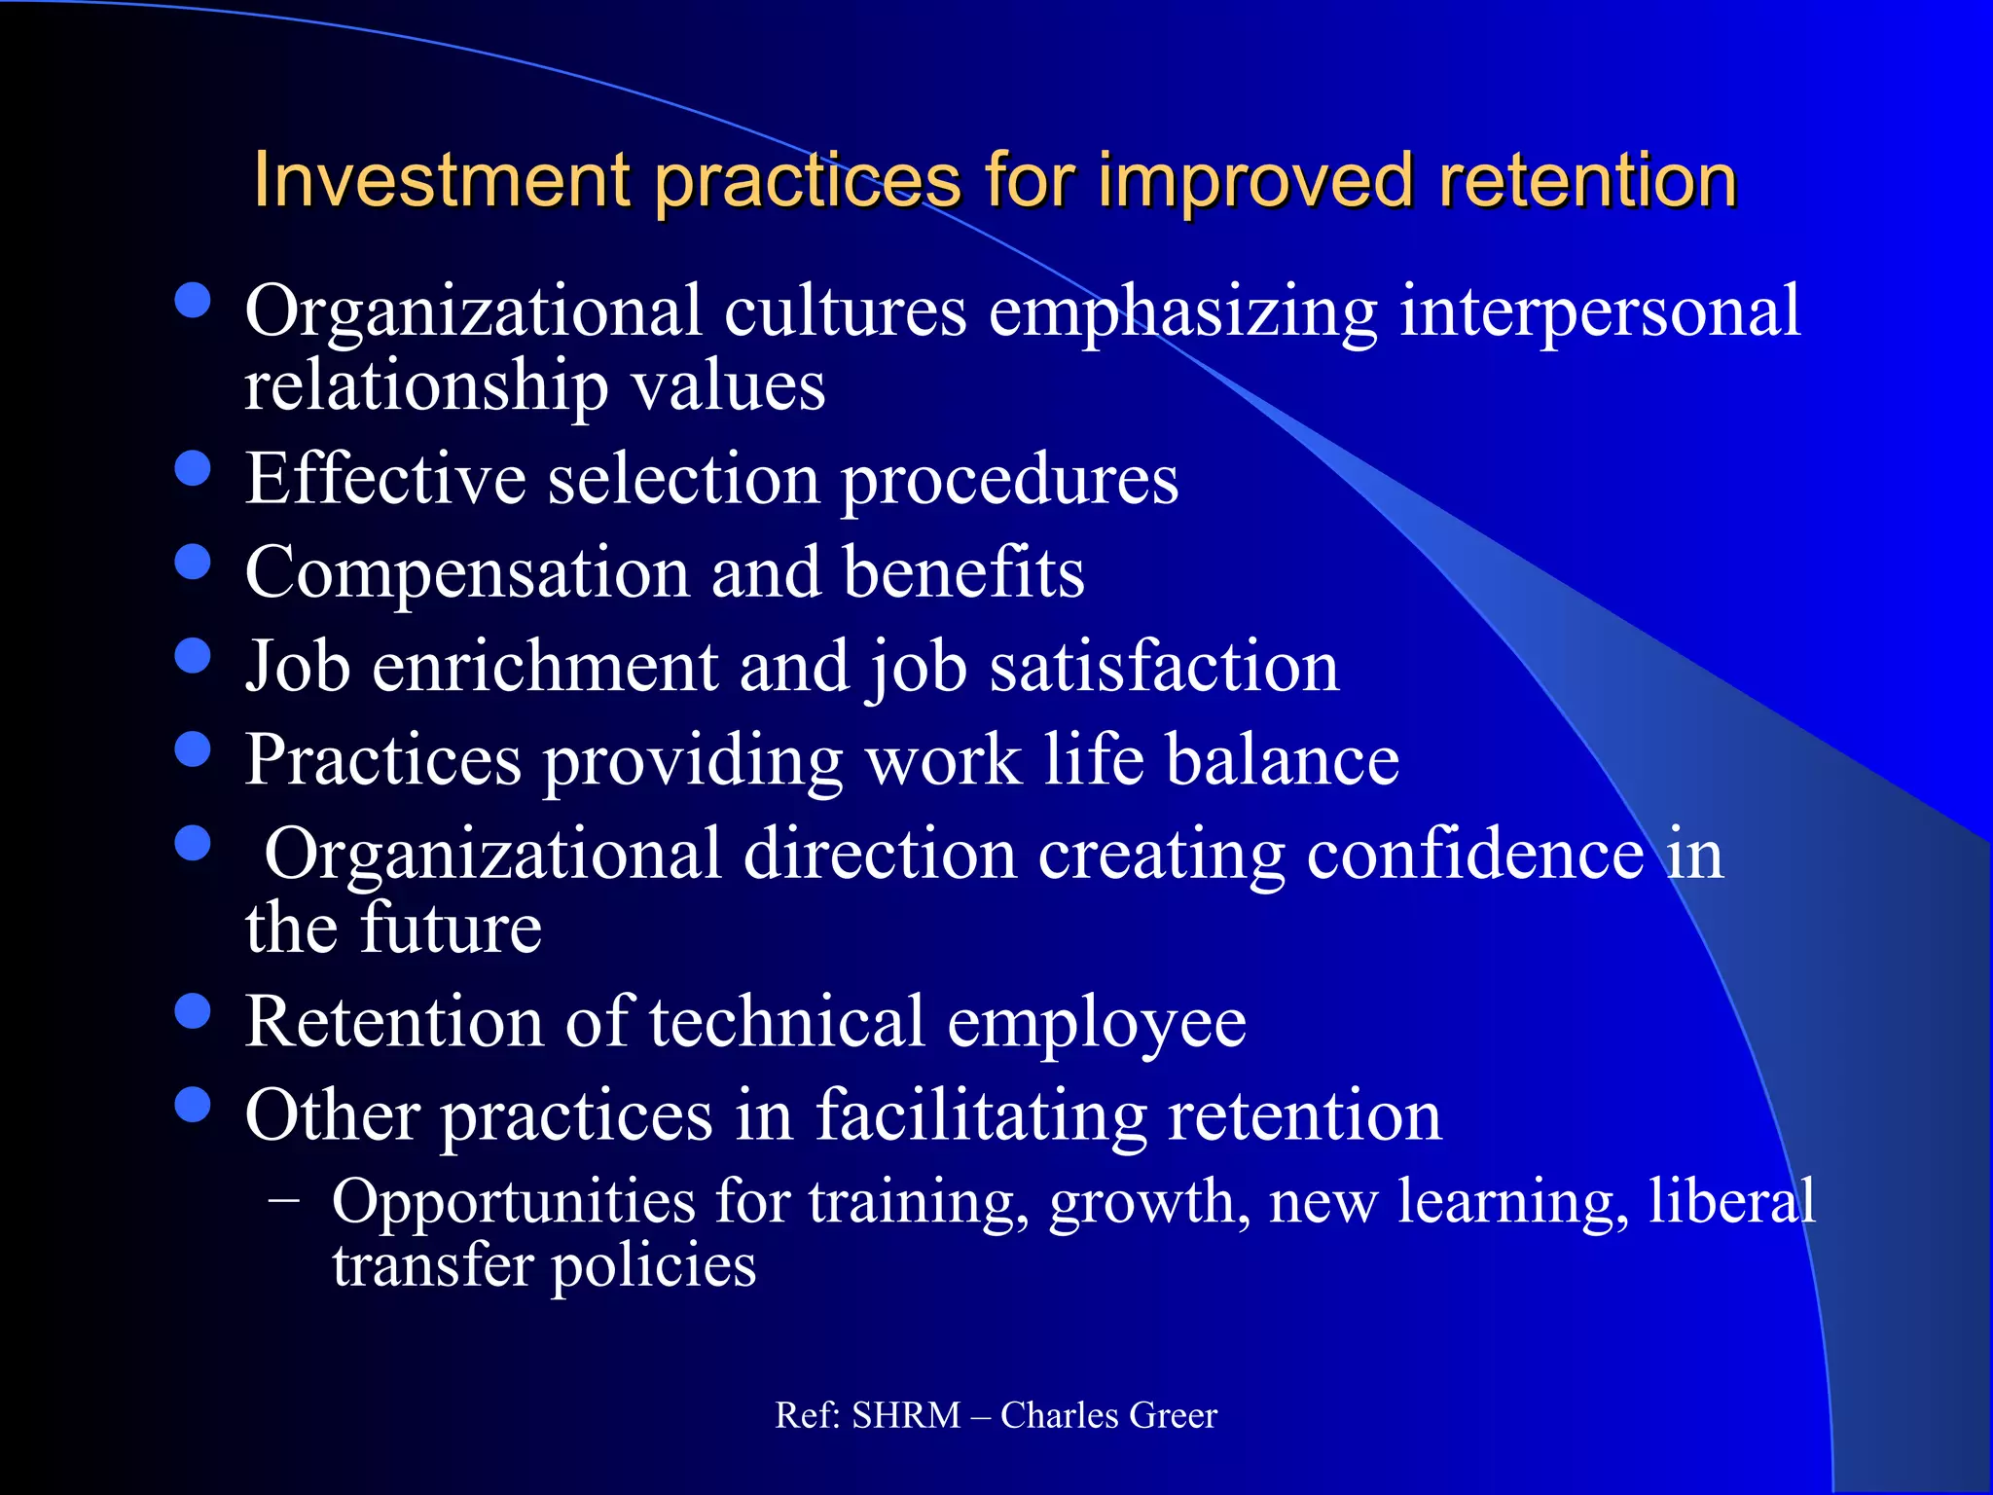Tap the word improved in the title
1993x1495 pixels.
pos(1255,182)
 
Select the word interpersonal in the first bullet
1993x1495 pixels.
pos(1600,311)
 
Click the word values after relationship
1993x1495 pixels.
pos(729,385)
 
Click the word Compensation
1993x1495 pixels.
pos(466,572)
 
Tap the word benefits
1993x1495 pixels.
pos(963,572)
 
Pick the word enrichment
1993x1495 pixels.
pos(544,667)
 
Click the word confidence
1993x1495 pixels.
pos(1475,854)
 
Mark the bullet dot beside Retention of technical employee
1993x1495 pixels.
pos(193,1011)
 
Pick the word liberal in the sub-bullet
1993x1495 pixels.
pos(1731,1200)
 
